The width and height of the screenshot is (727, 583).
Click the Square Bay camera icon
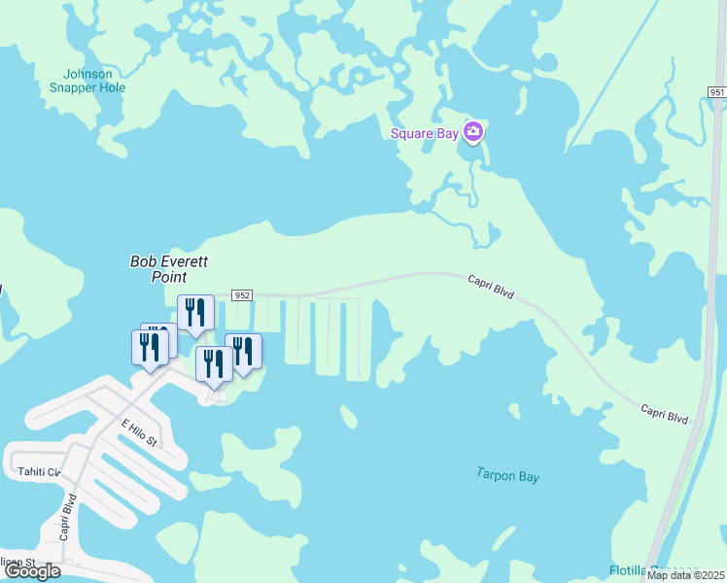click(473, 132)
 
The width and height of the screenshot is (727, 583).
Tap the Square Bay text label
click(424, 134)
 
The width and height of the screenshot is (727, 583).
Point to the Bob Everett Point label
click(170, 268)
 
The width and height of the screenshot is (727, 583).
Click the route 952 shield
click(242, 294)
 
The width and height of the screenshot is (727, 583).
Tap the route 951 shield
click(716, 91)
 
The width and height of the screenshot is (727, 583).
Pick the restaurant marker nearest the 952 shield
click(195, 312)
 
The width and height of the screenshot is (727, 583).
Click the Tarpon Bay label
click(507, 476)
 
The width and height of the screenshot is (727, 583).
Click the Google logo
click(32, 571)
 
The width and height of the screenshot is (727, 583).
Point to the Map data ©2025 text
click(685, 575)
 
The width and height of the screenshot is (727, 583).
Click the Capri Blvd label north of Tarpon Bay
click(664, 413)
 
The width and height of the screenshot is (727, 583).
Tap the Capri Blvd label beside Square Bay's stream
click(490, 286)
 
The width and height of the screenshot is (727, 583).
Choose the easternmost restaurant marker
click(243, 351)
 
